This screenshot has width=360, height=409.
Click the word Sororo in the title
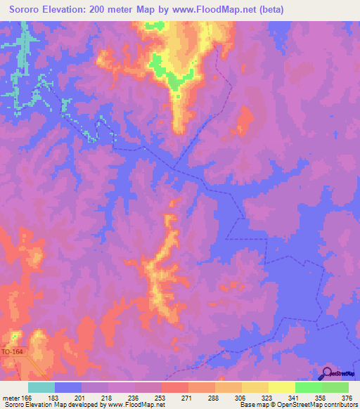tap(25, 9)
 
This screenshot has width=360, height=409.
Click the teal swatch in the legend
tap(41, 387)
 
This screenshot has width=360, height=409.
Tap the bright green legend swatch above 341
tap(308, 387)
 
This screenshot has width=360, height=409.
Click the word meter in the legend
tap(12, 397)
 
